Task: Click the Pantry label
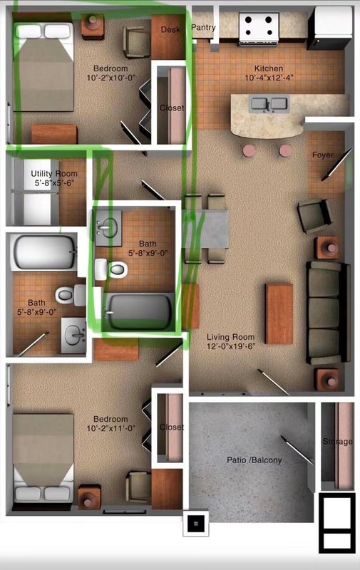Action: coord(203,27)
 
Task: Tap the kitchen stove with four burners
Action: coord(259,28)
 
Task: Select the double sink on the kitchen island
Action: coord(269,104)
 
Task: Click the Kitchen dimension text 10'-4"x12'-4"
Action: coord(269,78)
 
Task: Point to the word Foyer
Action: coord(322,155)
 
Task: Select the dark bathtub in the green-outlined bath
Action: coord(139,311)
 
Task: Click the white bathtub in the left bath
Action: coord(43,252)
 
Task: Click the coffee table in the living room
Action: coord(279,313)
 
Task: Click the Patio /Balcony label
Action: coord(254,460)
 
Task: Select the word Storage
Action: coord(337,442)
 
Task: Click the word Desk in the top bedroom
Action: coord(170,29)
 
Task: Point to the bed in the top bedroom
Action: coord(43,67)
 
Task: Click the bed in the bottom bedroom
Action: coord(43,458)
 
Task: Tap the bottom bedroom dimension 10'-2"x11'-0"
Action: coord(110,428)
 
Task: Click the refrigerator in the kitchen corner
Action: coord(330,28)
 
